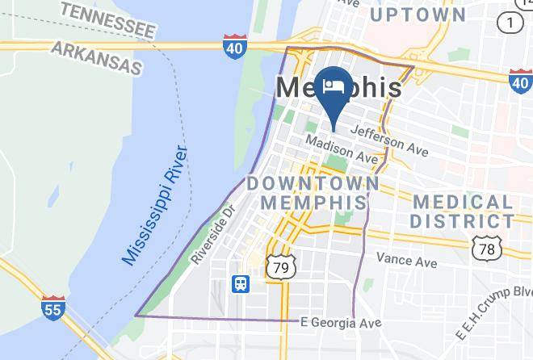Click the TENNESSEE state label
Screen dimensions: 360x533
pos(107,19)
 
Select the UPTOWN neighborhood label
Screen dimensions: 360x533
pos(418,15)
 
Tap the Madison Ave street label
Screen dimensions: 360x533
pos(341,150)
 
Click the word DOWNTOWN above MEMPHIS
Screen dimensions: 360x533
pos(313,183)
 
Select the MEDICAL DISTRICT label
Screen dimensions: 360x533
pos(461,211)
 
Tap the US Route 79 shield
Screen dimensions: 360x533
pos(283,265)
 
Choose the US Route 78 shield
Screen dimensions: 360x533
pos(486,249)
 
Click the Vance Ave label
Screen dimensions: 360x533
pos(406,261)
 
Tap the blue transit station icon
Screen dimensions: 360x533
pos(241,283)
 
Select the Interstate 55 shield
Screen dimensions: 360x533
pos(53,308)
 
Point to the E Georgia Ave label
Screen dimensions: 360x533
pos(340,322)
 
